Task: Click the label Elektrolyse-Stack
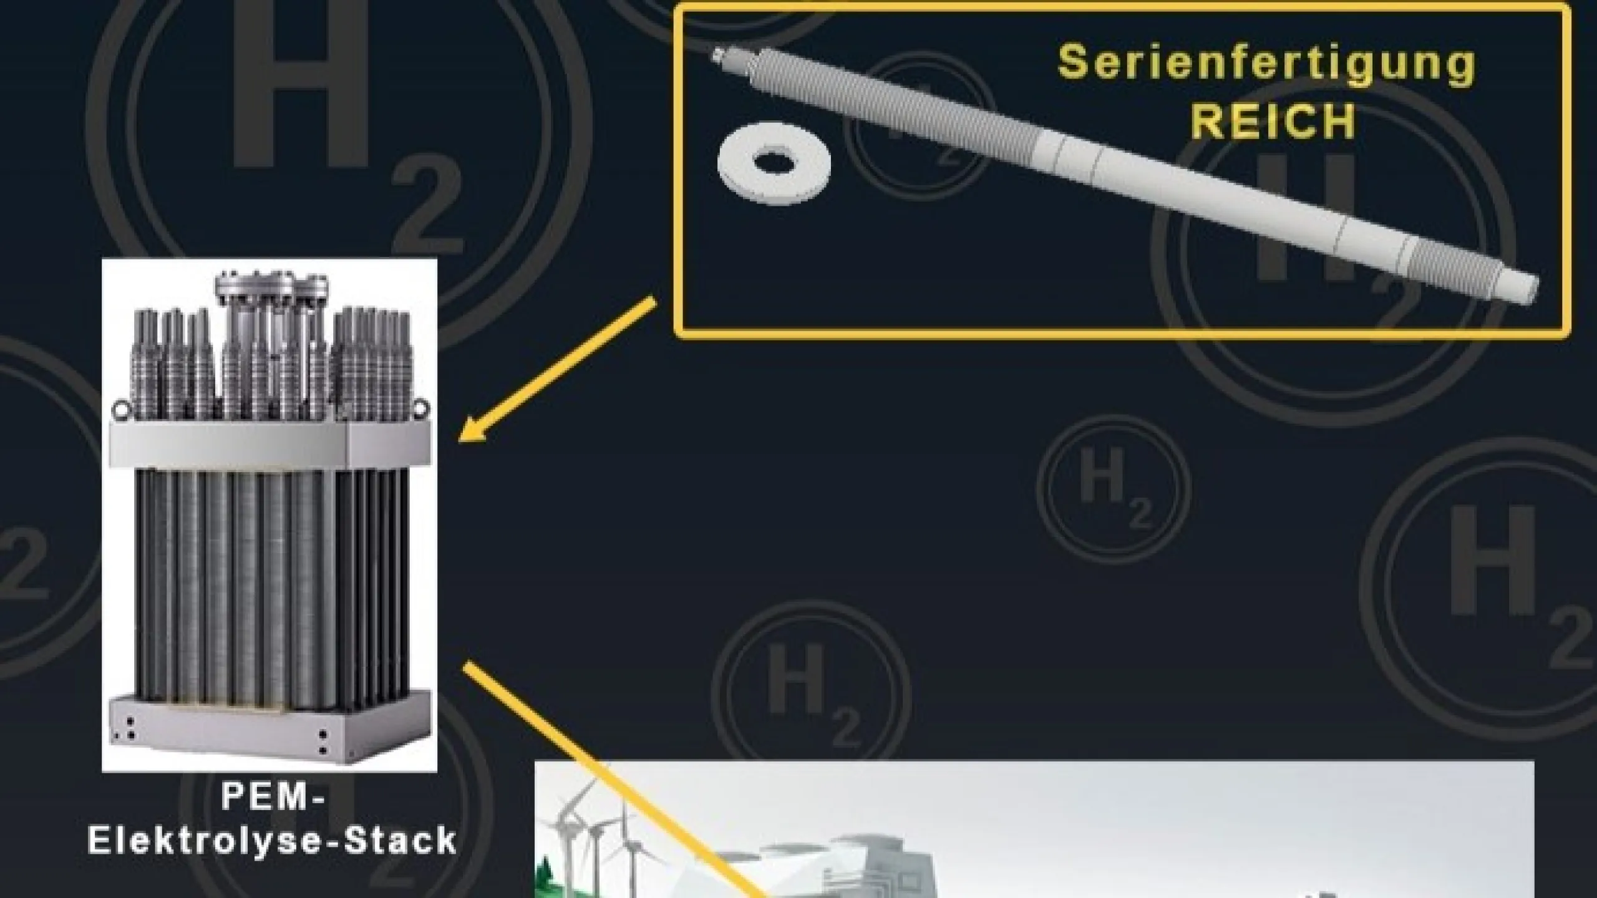click(273, 840)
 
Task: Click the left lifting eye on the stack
click(119, 410)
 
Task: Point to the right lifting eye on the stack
click(421, 407)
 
